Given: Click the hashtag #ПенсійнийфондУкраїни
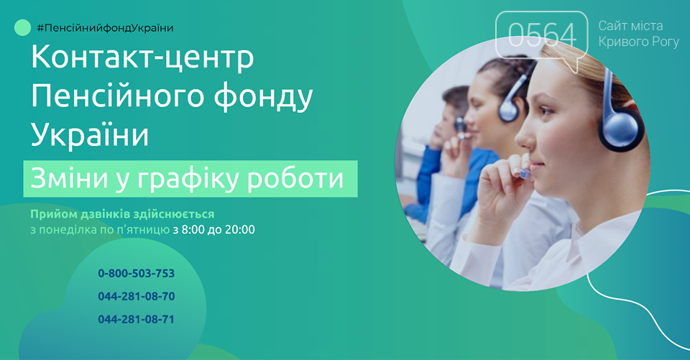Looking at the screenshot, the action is (105, 28).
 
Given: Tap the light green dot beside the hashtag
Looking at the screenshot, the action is (22, 28).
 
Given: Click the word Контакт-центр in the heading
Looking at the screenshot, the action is (142, 57).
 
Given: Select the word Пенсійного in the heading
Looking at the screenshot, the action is (117, 97).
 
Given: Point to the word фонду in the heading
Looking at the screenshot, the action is (263, 97).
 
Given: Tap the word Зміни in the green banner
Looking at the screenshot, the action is (70, 179).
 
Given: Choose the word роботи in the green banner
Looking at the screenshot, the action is (295, 179).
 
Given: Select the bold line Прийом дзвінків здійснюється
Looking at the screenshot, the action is (122, 214).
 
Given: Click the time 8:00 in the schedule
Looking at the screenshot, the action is (193, 230).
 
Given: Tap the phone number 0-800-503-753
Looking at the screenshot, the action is (137, 273).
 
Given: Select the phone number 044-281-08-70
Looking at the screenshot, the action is (137, 296).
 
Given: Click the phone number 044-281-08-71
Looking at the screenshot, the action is (137, 319).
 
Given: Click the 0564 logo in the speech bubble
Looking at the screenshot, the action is (542, 35).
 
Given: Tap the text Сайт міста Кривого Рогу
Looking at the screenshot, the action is (638, 34).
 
